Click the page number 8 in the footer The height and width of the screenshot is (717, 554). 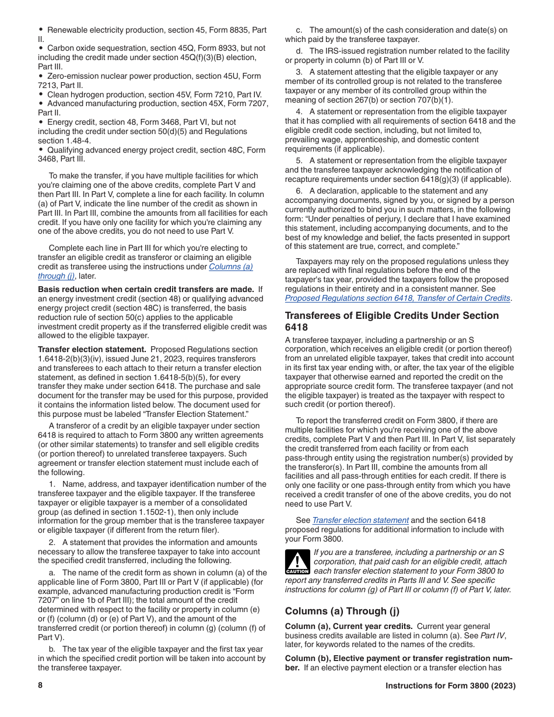click(40, 686)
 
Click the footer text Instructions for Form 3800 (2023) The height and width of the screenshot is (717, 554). click(450, 686)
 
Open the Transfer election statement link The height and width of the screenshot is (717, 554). click(360, 520)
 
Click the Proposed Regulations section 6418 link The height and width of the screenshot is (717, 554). click(397, 298)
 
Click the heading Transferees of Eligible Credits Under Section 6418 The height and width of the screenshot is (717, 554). click(391, 321)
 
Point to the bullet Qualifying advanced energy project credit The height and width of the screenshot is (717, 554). click(150, 150)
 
